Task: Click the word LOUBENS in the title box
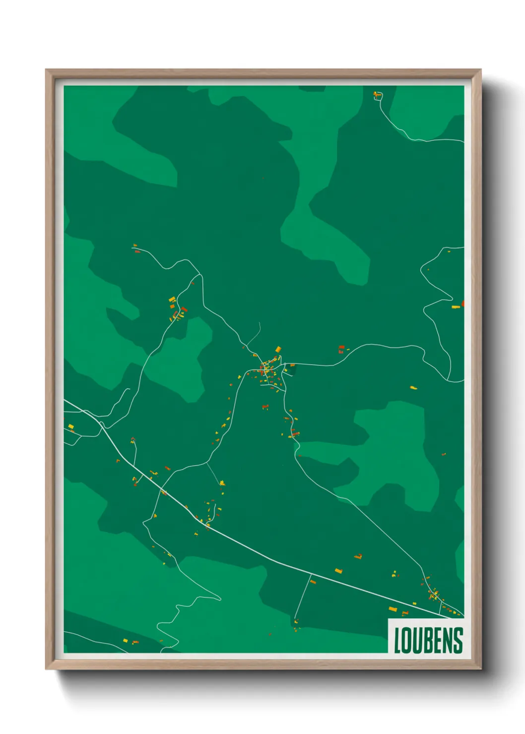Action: tap(428, 640)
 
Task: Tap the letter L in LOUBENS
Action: tap(397, 640)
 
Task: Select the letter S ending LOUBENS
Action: tap(458, 640)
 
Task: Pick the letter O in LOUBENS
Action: tap(406, 640)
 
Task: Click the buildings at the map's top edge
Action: tap(378, 94)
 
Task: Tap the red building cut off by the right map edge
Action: tap(462, 303)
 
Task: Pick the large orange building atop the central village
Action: tap(278, 349)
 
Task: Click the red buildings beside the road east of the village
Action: tap(341, 349)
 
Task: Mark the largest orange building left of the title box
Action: tap(393, 609)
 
